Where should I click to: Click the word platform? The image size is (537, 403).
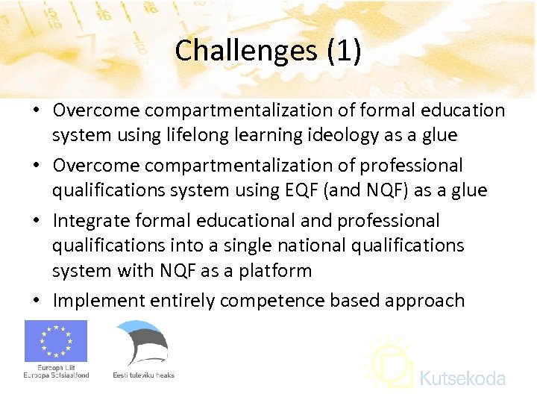coord(277,270)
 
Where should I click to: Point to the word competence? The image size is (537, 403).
coord(280,301)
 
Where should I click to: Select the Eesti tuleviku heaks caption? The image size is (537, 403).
coord(144,375)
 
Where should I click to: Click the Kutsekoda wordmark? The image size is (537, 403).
coord(462,378)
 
